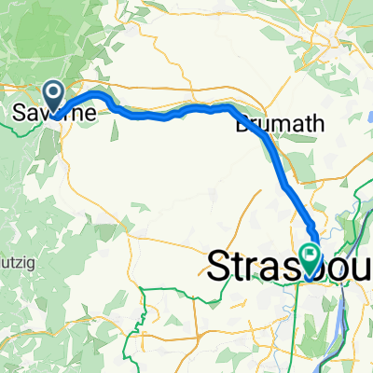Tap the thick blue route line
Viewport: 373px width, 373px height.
click(186, 110)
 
